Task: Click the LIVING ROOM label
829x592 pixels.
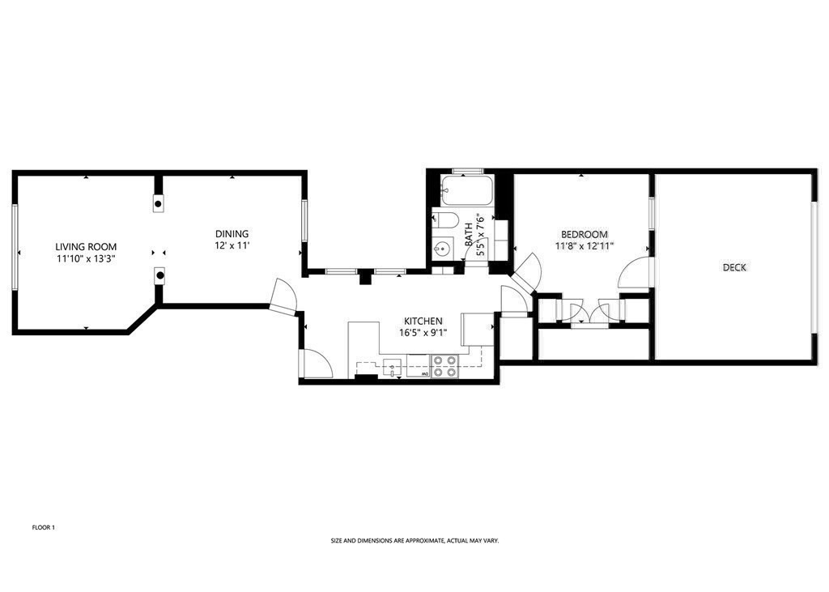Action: [86, 246]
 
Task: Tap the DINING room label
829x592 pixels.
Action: [232, 234]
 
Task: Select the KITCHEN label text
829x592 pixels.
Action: [423, 322]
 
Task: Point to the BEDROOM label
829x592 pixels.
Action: [585, 234]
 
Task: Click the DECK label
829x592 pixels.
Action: [734, 268]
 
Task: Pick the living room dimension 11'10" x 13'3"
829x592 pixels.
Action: [86, 259]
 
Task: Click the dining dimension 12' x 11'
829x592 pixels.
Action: [232, 246]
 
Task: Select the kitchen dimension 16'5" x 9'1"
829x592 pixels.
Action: [423, 334]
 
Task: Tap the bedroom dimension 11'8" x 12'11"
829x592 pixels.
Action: [585, 246]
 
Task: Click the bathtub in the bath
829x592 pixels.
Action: [467, 190]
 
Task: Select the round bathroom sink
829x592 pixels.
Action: [443, 247]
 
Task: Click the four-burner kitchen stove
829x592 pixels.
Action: [444, 366]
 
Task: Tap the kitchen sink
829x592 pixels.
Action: [392, 366]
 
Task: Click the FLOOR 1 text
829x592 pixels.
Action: [44, 527]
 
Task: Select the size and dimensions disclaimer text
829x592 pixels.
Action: [415, 541]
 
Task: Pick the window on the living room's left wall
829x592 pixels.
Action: [15, 246]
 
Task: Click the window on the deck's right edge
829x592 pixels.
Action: [814, 266]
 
